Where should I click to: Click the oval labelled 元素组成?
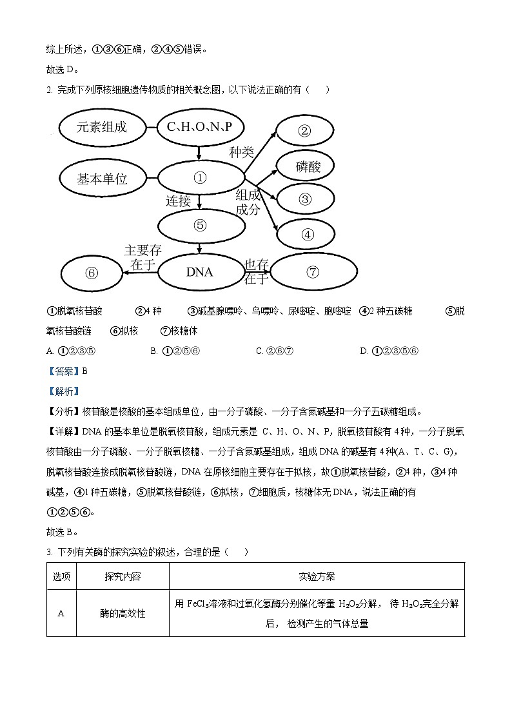pos(101,128)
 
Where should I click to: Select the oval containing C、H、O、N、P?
pos(199,128)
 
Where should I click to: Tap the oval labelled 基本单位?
pos(101,179)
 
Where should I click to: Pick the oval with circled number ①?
pos(200,178)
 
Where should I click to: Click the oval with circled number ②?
pos(304,132)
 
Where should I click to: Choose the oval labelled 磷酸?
pos(306,166)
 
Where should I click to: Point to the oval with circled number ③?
pos(306,199)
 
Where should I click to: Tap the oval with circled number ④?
pos(308,234)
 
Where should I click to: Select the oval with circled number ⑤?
pos(200,226)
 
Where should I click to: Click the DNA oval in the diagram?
pos(200,272)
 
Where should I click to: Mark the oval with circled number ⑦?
pos(313,272)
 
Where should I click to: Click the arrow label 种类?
pos(242,152)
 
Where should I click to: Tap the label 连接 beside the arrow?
pos(179,201)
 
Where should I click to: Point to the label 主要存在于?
pos(143,257)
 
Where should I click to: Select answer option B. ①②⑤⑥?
pos(175,351)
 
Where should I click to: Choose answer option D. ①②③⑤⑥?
pos(389,351)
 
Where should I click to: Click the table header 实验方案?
pos(317,576)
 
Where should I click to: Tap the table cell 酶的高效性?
pos(123,613)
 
